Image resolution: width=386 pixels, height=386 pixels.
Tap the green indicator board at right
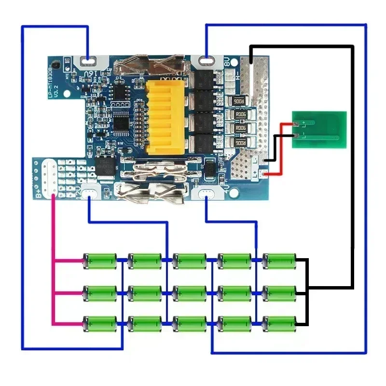point(319,129)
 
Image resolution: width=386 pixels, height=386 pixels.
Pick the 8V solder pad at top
point(207,60)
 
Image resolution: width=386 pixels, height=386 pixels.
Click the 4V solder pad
point(207,194)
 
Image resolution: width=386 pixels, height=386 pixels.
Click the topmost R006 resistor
point(239,101)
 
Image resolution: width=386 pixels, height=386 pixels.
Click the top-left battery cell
point(100,261)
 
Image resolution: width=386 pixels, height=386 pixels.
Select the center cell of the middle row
point(190,292)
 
